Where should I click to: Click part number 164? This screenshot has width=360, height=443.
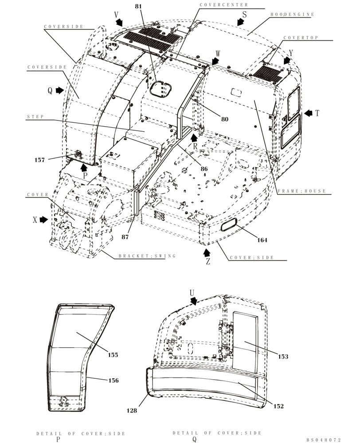point(262,241)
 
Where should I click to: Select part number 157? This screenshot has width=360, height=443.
point(40,160)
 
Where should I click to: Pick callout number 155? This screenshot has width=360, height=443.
point(113,354)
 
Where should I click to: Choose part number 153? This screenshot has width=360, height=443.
point(283,357)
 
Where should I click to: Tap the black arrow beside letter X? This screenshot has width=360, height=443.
point(43,220)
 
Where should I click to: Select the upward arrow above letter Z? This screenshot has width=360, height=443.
point(206,253)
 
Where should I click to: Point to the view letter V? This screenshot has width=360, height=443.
point(117,15)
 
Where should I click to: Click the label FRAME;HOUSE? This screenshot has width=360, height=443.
point(301,191)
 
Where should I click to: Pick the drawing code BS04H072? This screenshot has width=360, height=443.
point(324,440)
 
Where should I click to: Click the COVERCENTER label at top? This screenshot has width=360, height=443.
point(223,4)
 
